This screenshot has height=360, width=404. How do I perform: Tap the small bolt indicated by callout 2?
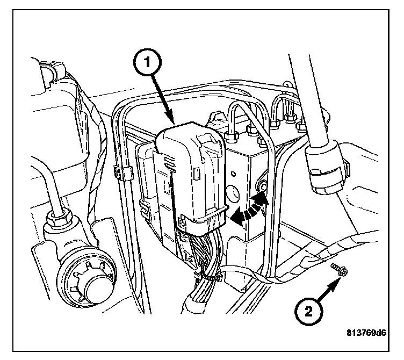click(336, 270)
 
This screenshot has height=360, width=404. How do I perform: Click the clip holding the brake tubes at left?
click(123, 173)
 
